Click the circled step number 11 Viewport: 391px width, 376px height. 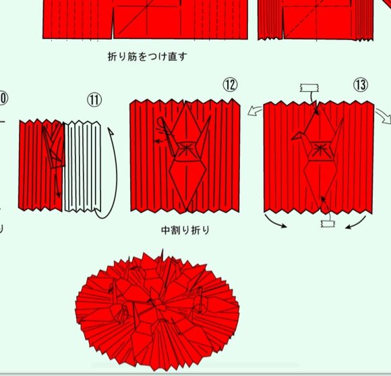(x=94, y=100)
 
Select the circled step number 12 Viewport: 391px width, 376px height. (x=230, y=84)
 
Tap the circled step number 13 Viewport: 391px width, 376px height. (x=361, y=84)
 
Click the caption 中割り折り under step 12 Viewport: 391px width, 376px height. (x=185, y=230)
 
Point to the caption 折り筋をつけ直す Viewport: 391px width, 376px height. (x=147, y=57)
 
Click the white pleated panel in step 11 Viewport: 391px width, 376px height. (x=82, y=166)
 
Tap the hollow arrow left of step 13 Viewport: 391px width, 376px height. (x=255, y=111)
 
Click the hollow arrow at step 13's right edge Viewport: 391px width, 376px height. (x=384, y=116)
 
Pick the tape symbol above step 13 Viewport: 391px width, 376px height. (x=309, y=88)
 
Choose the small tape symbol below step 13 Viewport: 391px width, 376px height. (x=328, y=223)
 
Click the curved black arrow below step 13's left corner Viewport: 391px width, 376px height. (x=274, y=221)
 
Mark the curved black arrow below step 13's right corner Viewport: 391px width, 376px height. (x=356, y=223)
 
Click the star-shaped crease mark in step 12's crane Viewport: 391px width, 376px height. (x=186, y=147)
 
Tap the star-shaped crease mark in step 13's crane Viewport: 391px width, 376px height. (x=319, y=149)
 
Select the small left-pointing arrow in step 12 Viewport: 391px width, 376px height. (x=160, y=142)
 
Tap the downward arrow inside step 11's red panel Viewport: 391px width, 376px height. (x=57, y=184)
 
